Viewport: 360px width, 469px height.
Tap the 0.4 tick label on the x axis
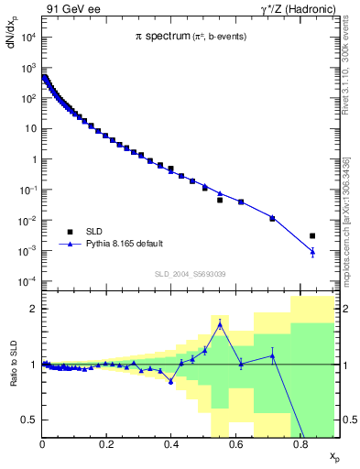tap(170, 444)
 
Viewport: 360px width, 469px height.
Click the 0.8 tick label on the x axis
tap(299, 444)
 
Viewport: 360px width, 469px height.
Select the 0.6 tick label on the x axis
tap(235, 444)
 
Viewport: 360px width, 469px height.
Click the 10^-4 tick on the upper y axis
tap(28, 281)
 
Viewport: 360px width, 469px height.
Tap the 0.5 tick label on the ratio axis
tap(30, 420)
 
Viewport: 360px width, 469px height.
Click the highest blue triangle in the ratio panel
tap(220, 324)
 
